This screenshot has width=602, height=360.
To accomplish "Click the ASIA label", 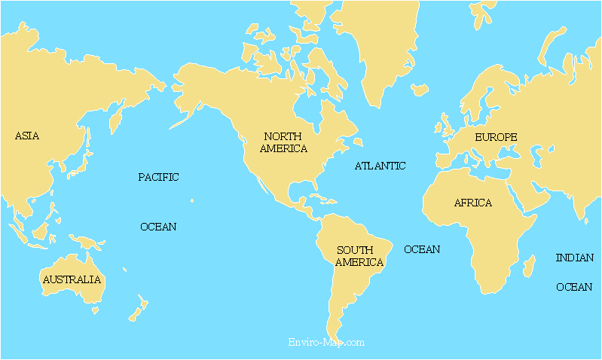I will [27, 136].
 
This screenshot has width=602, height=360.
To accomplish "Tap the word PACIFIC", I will [158, 178].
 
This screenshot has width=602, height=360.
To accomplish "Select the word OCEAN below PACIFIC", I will [158, 227].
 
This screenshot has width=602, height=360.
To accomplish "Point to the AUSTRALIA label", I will [72, 279].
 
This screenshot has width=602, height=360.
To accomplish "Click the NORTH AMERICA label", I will [283, 142].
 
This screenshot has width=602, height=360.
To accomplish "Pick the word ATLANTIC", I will [380, 166].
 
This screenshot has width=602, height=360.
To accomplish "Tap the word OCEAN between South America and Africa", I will [422, 249].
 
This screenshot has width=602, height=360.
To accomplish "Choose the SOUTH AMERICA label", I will [359, 256].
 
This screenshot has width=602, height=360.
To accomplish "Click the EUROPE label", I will [496, 137].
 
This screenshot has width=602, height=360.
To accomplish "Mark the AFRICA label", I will [472, 203].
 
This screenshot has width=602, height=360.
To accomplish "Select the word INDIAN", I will [574, 258].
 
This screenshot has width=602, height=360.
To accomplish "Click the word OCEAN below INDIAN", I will [574, 287].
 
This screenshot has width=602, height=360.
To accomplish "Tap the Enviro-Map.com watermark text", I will [326, 342].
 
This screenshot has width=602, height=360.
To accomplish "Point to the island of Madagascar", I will [529, 265].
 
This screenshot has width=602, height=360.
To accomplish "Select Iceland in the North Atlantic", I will [420, 90].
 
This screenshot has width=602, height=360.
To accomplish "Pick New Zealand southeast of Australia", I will [138, 309].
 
